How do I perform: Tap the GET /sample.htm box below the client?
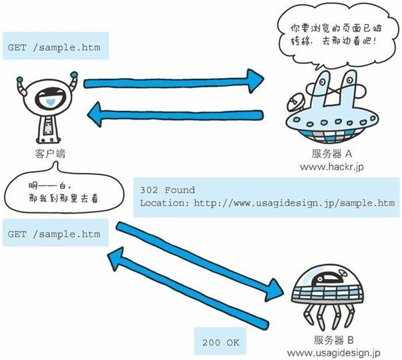pyautogui.click(x=53, y=234)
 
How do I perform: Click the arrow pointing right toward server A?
pyautogui.click(x=174, y=78)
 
